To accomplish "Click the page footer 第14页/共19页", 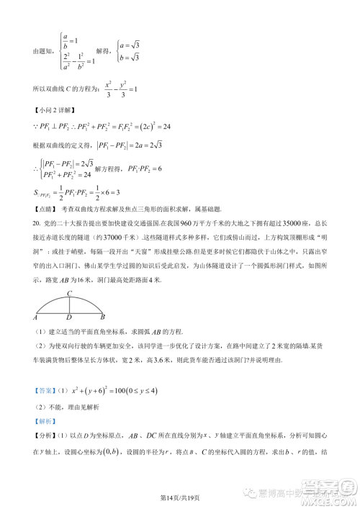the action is click(x=179, y=491).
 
